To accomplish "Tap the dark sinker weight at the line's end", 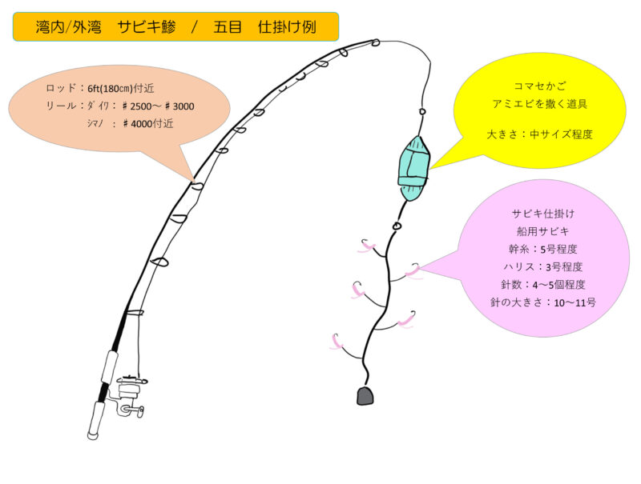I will [x=366, y=395].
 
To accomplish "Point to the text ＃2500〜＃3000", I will [x=157, y=106].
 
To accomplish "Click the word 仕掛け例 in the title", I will [x=287, y=27].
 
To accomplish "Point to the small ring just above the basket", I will [x=421, y=110].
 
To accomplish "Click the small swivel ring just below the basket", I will [x=397, y=226].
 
